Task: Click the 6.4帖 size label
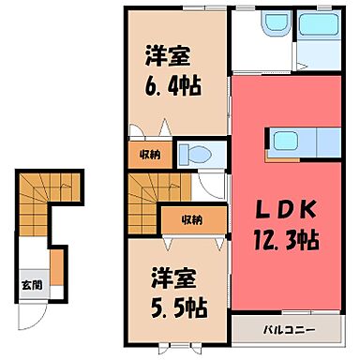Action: click(174, 87)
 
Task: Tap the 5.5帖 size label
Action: click(174, 305)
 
